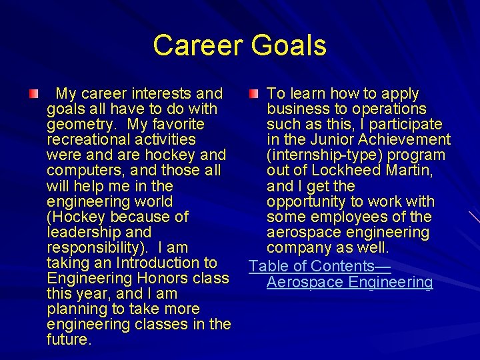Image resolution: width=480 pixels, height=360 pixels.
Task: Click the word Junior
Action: (x=329, y=140)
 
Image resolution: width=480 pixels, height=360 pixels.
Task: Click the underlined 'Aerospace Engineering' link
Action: (x=349, y=282)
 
